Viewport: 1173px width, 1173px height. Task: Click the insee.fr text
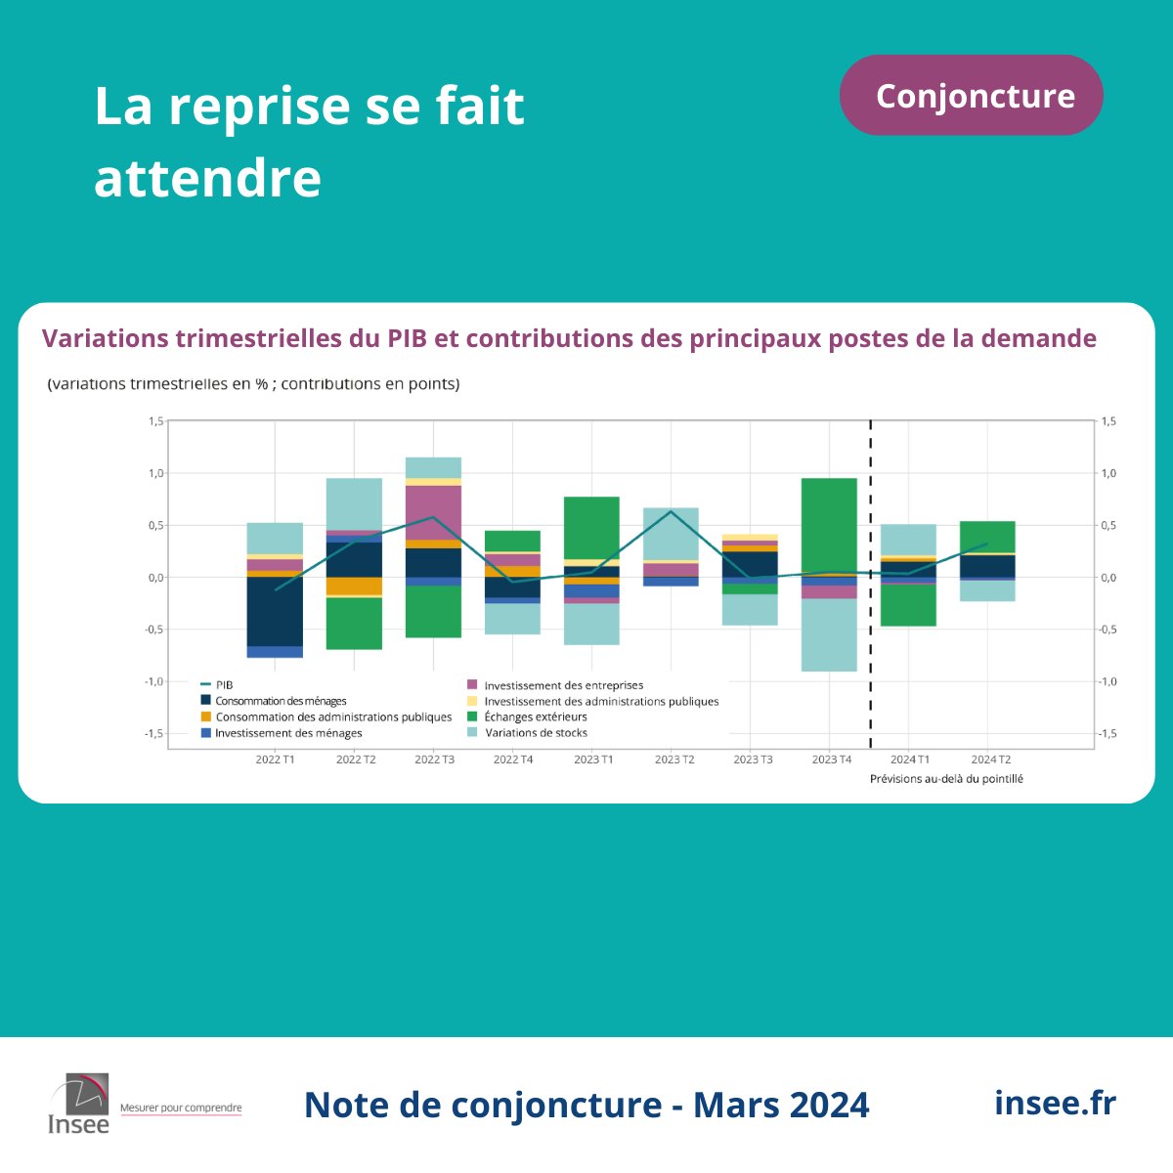pos(1055,1103)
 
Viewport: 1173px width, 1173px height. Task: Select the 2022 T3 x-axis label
pos(434,760)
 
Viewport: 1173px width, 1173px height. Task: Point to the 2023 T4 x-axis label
pos(831,760)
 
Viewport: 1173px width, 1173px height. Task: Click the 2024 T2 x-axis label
pos(990,760)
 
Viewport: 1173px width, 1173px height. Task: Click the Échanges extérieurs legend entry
pos(535,717)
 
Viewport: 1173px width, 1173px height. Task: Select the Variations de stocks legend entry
pos(536,732)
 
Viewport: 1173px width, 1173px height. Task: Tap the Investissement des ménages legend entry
pos(287,733)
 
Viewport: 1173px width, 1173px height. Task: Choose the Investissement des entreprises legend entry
pos(563,685)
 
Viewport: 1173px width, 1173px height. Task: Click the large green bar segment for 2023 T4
pos(829,526)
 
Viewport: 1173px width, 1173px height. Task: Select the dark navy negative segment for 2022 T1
pos(275,611)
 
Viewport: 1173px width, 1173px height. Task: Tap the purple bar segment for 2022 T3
pos(434,512)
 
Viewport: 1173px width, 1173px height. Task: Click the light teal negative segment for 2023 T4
pos(829,634)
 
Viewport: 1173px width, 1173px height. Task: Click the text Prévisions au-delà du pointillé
pos(946,779)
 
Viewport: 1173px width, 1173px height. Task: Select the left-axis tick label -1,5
pos(155,733)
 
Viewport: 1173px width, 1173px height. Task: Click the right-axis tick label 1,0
pos(1108,473)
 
